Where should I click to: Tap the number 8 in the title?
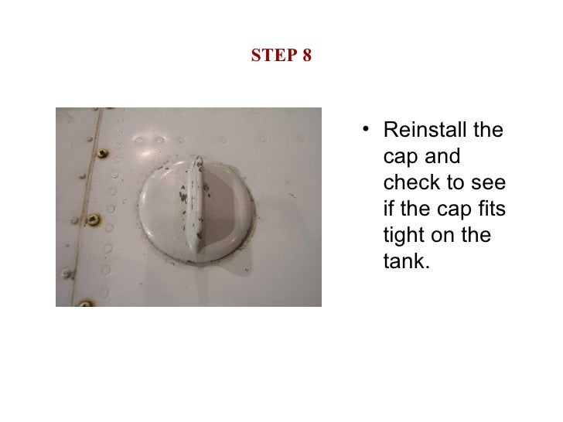tap(306, 56)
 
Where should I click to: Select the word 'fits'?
tap(490, 209)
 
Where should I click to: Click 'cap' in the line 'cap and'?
tap(400, 156)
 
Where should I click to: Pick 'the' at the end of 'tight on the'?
tap(477, 235)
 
